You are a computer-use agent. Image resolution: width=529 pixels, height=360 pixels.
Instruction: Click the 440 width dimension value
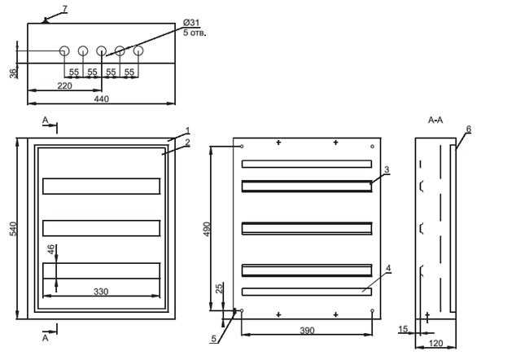pos(101,99)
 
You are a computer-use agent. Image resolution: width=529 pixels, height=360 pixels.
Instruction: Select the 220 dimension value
pos(64,86)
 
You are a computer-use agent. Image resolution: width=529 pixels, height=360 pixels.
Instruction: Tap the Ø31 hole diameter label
pos(191,23)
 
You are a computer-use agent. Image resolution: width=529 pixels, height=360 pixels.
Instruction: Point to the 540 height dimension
pos(13,229)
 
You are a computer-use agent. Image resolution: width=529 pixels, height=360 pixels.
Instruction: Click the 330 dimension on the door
pos(101,292)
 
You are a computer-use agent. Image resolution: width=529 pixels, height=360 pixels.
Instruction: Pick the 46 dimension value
pos(50,249)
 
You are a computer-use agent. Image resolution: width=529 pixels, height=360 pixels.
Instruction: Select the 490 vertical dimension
pos(207,229)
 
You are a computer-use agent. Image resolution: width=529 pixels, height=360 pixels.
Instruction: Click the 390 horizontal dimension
pos(307,331)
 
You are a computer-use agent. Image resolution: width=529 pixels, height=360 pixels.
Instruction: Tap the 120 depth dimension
pos(435,344)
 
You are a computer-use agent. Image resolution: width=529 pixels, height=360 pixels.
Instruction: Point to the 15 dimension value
pos(403,328)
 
